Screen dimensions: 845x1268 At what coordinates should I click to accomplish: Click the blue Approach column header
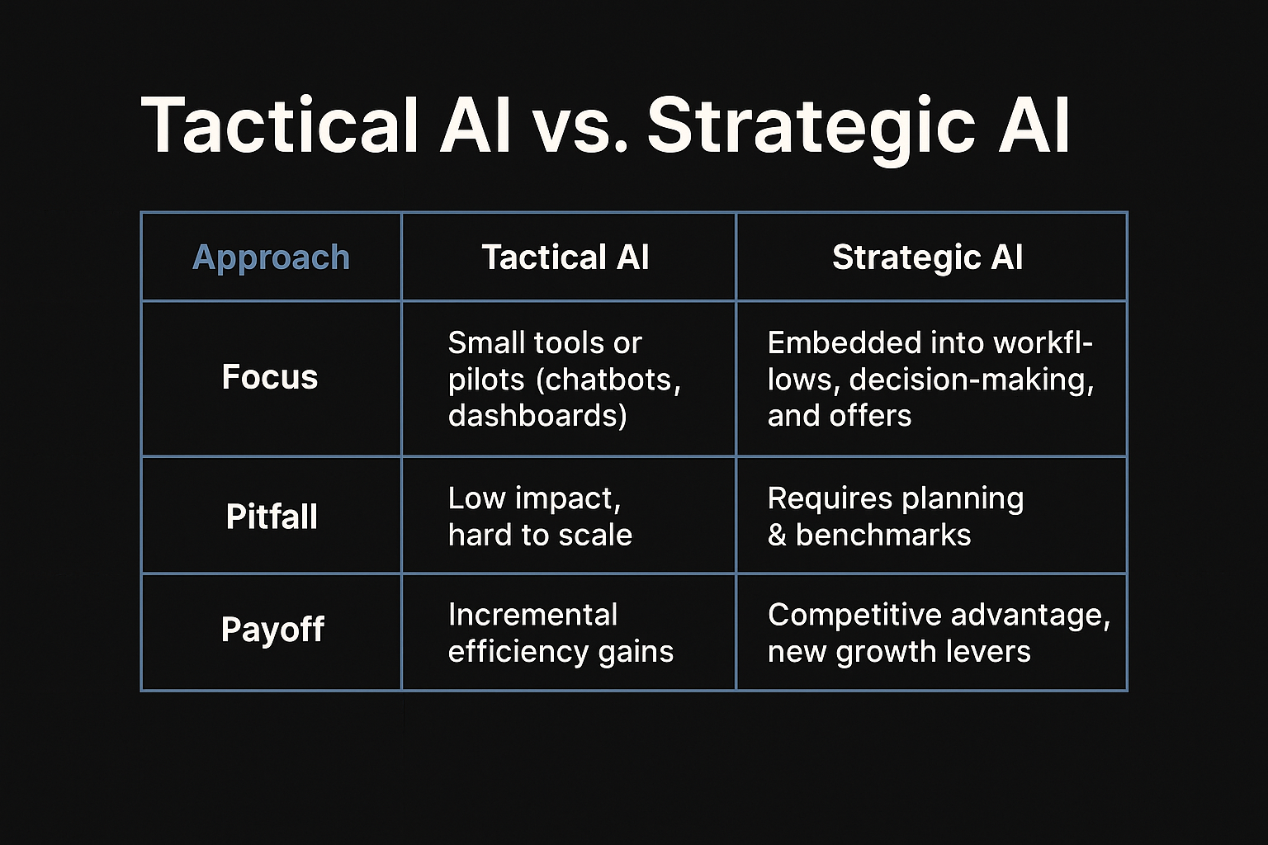click(x=271, y=257)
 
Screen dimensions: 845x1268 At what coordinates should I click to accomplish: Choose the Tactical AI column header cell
click(x=565, y=257)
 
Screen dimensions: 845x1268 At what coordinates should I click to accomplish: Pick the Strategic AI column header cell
click(x=927, y=257)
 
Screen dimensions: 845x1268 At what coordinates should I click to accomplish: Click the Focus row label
click(x=270, y=377)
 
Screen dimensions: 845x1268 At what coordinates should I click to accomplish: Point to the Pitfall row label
click(x=272, y=517)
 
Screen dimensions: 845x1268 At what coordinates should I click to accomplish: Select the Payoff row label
click(x=272, y=630)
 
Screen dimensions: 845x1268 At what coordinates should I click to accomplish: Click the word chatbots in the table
click(x=612, y=380)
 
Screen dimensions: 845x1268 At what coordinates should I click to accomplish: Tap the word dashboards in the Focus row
click(x=537, y=415)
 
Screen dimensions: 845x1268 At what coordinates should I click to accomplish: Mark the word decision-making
click(x=971, y=380)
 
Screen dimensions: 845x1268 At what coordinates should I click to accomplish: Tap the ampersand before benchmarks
click(x=777, y=536)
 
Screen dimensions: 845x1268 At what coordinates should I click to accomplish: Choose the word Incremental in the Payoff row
click(x=532, y=615)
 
